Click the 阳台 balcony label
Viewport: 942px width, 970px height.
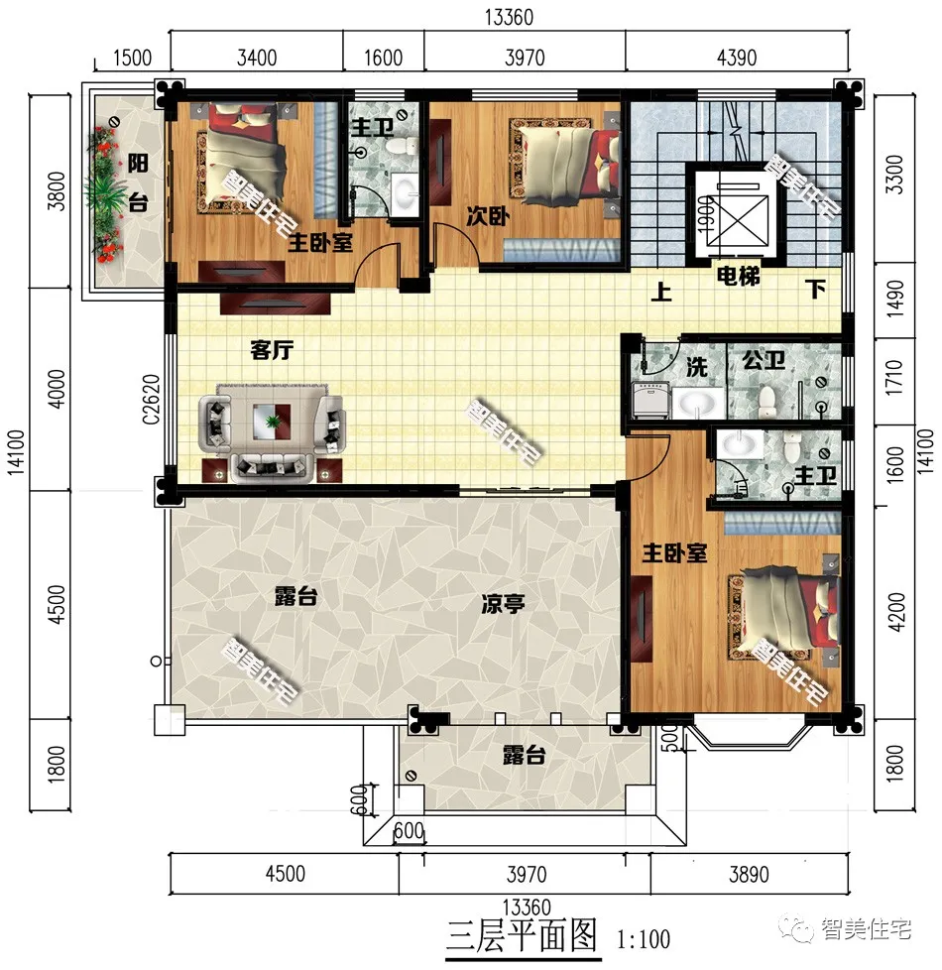[139, 183]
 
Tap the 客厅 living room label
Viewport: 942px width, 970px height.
[271, 349]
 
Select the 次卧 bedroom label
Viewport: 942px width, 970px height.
[487, 215]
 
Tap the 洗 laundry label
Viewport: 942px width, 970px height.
[697, 366]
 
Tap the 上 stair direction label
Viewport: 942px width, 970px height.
[659, 293]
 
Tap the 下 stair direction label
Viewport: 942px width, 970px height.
[815, 291]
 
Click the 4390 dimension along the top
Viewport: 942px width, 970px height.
[737, 57]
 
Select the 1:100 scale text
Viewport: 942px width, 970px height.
[643, 937]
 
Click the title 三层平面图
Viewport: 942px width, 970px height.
[522, 935]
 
